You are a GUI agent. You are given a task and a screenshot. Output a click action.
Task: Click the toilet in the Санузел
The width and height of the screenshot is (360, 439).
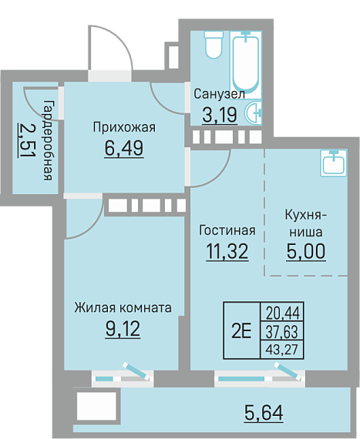(x=214, y=45)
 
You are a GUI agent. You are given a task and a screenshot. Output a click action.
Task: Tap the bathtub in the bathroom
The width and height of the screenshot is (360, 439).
(x=246, y=64)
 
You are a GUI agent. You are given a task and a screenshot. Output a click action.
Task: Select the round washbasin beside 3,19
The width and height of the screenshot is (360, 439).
(x=254, y=112)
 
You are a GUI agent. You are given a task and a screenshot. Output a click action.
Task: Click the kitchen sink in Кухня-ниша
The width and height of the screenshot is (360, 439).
(x=334, y=163)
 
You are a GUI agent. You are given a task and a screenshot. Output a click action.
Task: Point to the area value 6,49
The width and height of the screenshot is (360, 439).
(x=124, y=148)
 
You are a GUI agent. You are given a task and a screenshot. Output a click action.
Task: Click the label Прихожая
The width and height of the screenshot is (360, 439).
(x=124, y=127)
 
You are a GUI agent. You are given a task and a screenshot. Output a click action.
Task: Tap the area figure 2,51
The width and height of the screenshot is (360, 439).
(x=27, y=140)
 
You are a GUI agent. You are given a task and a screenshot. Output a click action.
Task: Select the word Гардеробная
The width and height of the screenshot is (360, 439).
(x=48, y=140)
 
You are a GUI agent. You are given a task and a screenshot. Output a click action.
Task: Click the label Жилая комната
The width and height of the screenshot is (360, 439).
(x=123, y=308)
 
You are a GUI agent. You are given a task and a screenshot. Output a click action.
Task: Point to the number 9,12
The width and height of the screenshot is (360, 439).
(x=123, y=329)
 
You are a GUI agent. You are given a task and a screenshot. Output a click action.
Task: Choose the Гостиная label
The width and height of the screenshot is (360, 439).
(x=227, y=230)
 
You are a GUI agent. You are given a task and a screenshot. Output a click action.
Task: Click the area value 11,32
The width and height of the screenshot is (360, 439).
(x=227, y=251)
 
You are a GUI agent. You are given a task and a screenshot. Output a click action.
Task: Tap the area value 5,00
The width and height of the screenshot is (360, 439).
(x=306, y=251)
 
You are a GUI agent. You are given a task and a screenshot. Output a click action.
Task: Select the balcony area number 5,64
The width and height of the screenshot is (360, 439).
(x=264, y=413)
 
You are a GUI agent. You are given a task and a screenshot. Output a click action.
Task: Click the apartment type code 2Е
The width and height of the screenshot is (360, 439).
(x=241, y=331)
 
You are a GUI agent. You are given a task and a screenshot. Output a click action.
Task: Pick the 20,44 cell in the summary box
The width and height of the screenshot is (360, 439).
(x=283, y=313)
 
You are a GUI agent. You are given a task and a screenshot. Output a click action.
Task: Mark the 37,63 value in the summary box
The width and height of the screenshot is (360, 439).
(x=282, y=332)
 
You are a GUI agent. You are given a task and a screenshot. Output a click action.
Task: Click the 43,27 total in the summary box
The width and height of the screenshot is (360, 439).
(x=282, y=350)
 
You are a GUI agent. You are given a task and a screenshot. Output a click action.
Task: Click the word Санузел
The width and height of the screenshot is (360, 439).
(x=220, y=94)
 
